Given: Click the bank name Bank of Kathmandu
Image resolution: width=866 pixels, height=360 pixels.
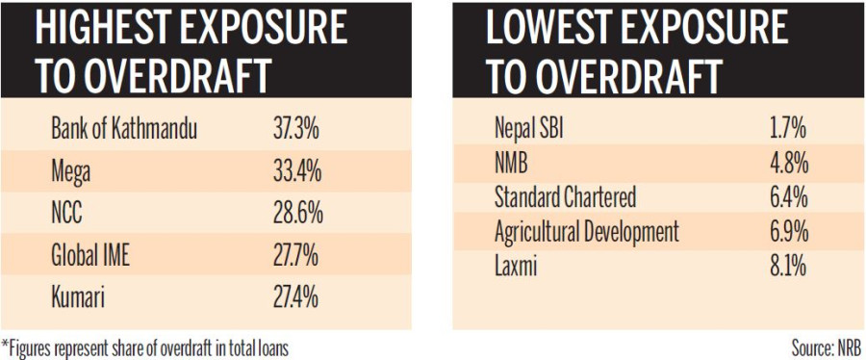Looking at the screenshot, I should [123, 130].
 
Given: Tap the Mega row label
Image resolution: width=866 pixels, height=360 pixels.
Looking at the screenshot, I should [73, 172].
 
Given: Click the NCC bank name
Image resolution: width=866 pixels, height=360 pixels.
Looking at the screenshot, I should [69, 215].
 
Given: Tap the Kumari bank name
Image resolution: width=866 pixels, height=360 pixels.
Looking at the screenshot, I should [80, 297].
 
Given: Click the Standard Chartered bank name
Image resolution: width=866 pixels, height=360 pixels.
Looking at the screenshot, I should [565, 197].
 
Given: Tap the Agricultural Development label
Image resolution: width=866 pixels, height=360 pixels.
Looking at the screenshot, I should [586, 231].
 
